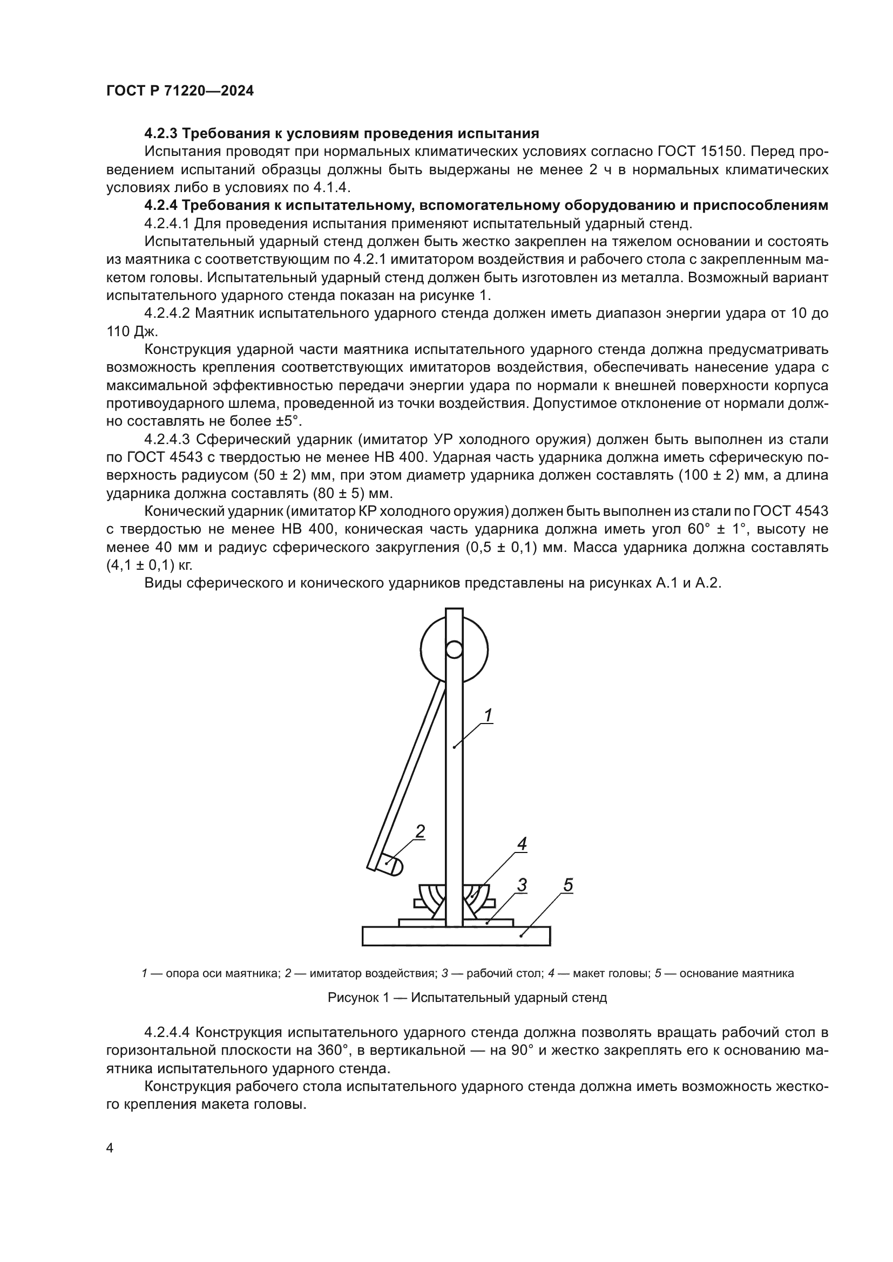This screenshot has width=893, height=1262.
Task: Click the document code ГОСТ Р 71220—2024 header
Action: [x=180, y=91]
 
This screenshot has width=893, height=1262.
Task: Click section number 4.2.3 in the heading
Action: [x=160, y=133]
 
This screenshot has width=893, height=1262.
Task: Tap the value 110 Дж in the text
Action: [x=132, y=331]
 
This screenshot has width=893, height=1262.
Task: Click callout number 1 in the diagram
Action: [x=487, y=714]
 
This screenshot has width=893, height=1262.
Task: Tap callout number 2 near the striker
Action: [x=420, y=831]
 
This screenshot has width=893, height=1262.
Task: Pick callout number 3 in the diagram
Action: [x=522, y=885]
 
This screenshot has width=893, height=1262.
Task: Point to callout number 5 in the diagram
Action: [x=568, y=885]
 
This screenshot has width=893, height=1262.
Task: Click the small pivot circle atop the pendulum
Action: [x=454, y=650]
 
